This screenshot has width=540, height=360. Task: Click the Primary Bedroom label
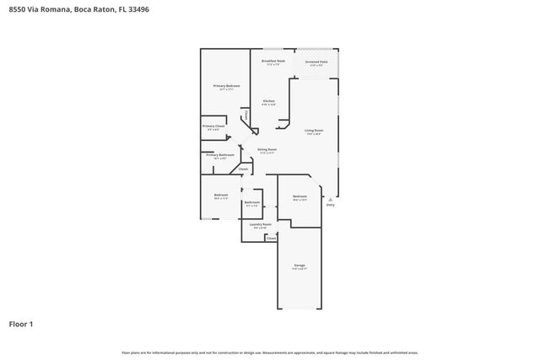coord(226,86)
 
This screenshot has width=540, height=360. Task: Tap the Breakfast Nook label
coord(273,62)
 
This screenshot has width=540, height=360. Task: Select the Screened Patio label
coord(316,62)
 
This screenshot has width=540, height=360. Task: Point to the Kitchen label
coord(269,101)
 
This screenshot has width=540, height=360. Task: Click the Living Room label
coord(314,131)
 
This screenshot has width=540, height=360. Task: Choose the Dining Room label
coord(267,149)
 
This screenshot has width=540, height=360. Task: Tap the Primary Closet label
coord(213,126)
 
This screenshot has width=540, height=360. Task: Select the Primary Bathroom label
coord(220,155)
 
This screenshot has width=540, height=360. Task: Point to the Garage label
coord(300,267)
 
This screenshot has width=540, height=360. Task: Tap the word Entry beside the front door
coord(330,205)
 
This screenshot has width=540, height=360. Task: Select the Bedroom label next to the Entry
coord(300,196)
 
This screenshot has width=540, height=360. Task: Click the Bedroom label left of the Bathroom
coord(221,196)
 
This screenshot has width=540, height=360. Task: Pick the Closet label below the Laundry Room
coord(271,239)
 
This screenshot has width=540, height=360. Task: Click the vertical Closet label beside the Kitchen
coord(246,115)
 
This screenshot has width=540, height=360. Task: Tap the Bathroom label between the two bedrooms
coord(252,202)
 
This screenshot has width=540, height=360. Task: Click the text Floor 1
coord(21,324)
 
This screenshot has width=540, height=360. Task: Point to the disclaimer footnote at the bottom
coord(269,352)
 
